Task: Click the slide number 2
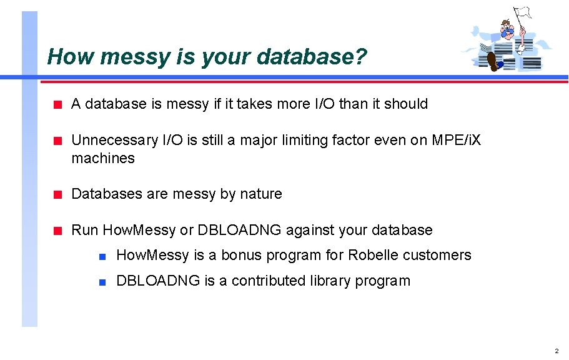pyautogui.click(x=557, y=351)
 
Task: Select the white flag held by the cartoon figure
pyautogui.click(x=522, y=13)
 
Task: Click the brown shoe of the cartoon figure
pyautogui.click(x=493, y=61)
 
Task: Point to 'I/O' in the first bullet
pyautogui.click(x=323, y=104)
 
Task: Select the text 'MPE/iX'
pyautogui.click(x=457, y=141)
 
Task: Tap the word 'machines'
pyautogui.click(x=103, y=158)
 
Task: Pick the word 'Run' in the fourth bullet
pyautogui.click(x=85, y=230)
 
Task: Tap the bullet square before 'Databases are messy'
pyautogui.click(x=57, y=194)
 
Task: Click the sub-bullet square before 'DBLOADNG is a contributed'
pyautogui.click(x=102, y=281)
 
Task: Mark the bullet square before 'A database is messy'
pyautogui.click(x=57, y=104)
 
